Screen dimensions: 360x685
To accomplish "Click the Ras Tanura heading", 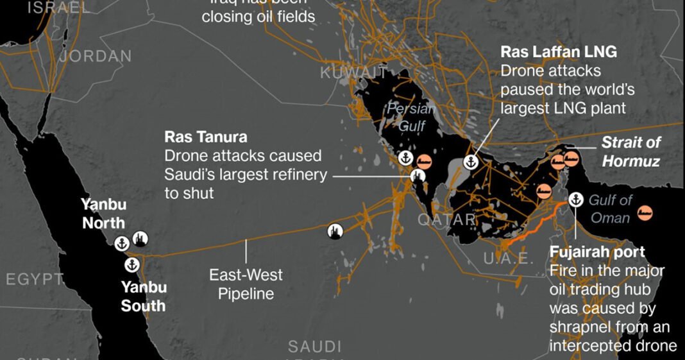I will coord(206,137).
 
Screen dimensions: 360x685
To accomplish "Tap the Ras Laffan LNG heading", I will coord(559,52).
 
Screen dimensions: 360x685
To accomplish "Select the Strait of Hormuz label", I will coord(631,151).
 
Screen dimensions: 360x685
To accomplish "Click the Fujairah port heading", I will coord(597,252).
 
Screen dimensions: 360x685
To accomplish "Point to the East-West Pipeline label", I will coord(246,284).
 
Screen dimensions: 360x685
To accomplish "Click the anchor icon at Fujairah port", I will coord(575,199).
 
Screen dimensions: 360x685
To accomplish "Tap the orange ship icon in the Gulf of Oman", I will coord(645,212).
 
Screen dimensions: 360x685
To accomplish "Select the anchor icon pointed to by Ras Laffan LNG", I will coord(470,162).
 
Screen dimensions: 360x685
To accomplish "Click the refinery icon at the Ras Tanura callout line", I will coord(418,175).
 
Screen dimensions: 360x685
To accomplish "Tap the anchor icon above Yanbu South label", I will coord(131,264).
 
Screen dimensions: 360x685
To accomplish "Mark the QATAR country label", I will coord(447,219).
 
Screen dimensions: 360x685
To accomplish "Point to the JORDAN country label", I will coord(96,56).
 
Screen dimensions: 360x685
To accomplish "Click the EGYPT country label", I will coord(35,279).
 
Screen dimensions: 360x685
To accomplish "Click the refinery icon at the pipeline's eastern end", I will coord(335,231).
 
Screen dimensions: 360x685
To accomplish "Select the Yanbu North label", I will coord(103,214).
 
